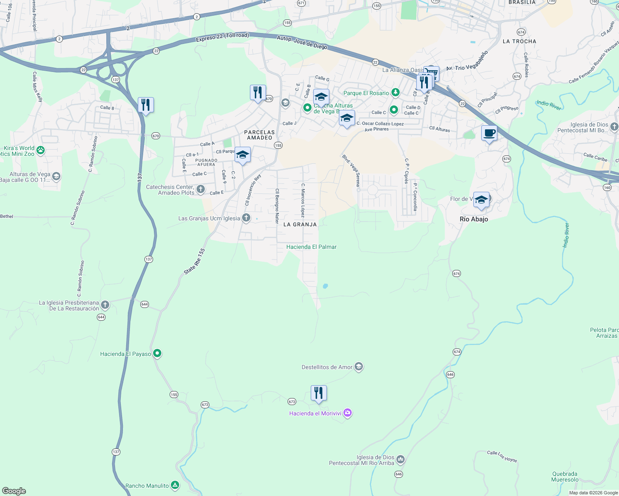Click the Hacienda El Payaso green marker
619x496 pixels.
(x=157, y=353)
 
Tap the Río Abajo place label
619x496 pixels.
(x=474, y=219)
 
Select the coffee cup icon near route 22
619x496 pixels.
(x=489, y=134)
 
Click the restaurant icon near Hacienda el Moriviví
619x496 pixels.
(x=318, y=393)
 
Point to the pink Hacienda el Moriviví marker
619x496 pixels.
(x=348, y=413)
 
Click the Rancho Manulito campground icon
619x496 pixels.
(x=175, y=485)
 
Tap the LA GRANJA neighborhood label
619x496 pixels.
(x=300, y=224)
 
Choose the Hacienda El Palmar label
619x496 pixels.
(x=311, y=247)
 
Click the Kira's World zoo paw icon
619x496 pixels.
(x=41, y=150)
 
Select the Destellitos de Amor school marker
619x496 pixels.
(x=359, y=367)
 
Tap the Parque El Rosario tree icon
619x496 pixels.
(x=396, y=93)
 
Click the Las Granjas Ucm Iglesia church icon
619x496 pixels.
(x=246, y=218)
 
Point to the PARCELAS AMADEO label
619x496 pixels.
(x=259, y=135)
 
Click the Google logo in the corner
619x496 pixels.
(x=14, y=491)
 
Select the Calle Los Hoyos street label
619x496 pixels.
(x=502, y=456)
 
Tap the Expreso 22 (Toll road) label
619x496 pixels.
(x=222, y=37)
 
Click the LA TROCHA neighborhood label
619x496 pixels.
(x=519, y=41)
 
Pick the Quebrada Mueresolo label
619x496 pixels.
(x=564, y=477)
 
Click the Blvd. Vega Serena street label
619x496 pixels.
(x=351, y=170)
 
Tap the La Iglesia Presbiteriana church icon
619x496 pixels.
(x=105, y=305)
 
